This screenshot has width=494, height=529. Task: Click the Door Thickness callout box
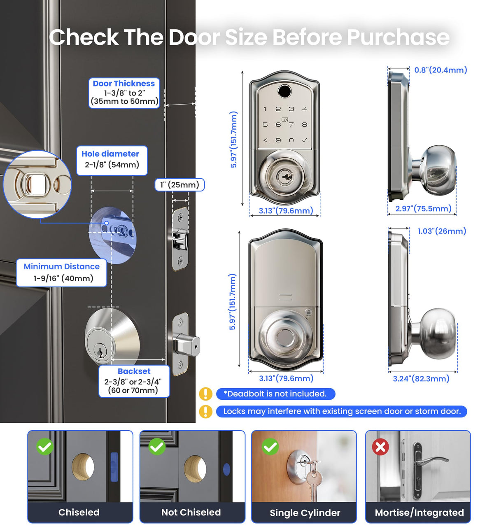124,93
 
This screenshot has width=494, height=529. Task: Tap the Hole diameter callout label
112,161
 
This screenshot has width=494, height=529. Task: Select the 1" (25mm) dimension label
179,184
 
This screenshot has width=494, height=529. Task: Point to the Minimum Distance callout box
62,273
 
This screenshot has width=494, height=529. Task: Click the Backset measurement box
134,381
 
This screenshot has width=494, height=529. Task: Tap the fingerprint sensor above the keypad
284,91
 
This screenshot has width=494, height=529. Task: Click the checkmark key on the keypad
305,140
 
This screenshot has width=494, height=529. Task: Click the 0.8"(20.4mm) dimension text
440,70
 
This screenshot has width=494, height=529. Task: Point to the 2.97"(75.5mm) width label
423,208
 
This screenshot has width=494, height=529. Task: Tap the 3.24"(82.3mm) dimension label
421,378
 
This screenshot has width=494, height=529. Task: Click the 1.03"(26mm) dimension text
442,231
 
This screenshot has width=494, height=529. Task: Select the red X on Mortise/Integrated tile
380,447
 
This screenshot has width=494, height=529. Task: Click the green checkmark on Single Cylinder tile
270,447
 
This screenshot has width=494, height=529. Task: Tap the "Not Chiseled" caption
191,512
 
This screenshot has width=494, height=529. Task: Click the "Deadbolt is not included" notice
275,394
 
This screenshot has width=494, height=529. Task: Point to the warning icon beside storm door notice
205,412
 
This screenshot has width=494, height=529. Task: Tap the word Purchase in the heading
398,37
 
